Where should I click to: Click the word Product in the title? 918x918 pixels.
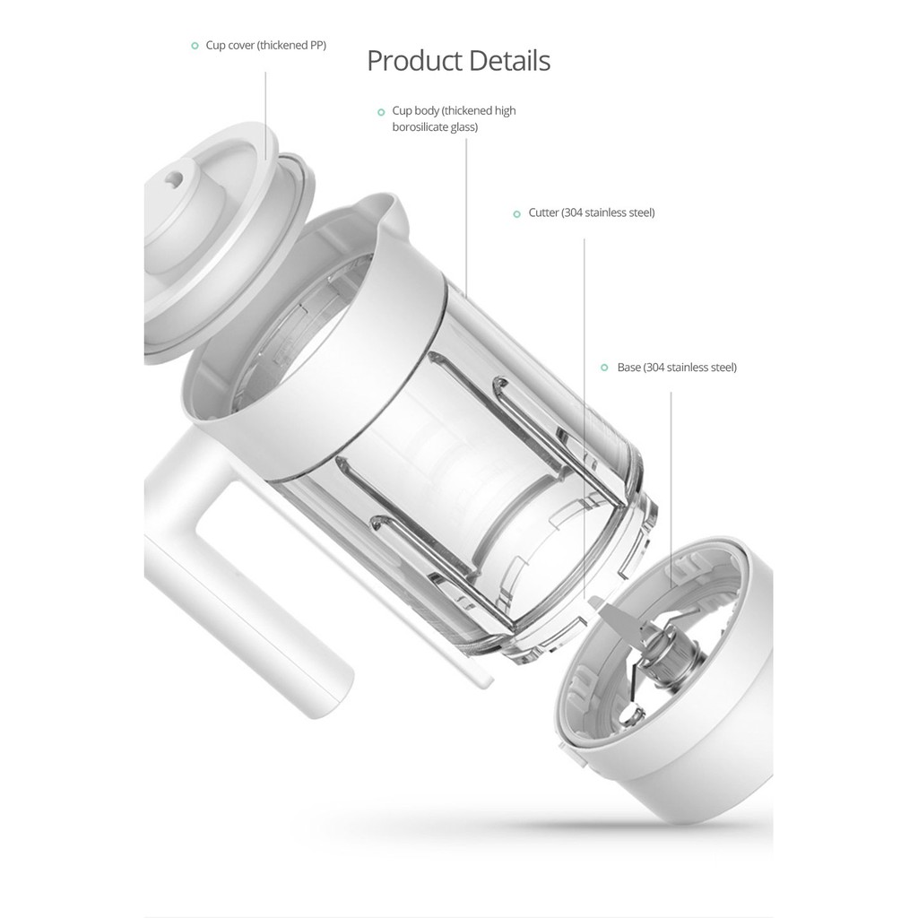[414, 61]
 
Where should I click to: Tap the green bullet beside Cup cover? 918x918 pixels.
[195, 46]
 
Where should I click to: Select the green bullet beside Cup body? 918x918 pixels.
[381, 112]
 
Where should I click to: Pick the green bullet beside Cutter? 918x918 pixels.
[516, 214]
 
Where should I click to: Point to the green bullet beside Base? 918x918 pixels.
[605, 368]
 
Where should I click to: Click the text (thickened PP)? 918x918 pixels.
[291, 45]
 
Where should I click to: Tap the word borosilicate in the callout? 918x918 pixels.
[420, 127]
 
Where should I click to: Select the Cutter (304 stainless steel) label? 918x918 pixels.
[592, 212]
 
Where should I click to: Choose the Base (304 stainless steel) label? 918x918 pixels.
[677, 367]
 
